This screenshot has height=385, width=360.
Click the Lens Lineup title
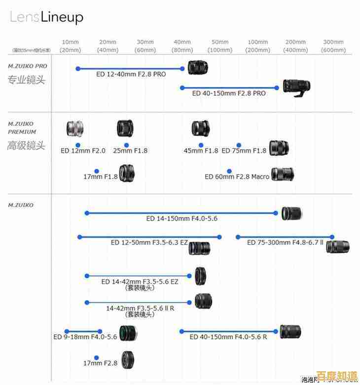coord(46,18)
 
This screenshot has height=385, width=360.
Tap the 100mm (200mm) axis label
coord(258,46)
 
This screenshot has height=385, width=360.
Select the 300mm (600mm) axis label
coord(333,46)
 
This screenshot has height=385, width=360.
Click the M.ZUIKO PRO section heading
coord(28,66)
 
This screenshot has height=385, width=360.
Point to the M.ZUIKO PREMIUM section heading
coord(22,128)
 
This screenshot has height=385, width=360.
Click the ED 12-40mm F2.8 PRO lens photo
coord(198,67)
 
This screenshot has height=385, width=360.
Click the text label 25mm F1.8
coord(130,151)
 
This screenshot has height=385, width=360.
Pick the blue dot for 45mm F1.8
coord(201,145)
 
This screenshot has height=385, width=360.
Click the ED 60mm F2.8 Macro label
coord(237,176)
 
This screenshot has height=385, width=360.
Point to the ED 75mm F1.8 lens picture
coord(279,148)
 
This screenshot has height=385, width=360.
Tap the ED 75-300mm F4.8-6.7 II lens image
coord(338,246)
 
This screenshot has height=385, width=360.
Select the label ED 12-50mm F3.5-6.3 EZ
coord(149,242)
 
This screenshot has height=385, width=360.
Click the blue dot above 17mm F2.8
coord(97,357)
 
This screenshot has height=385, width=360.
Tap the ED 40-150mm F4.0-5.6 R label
coord(228,337)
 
